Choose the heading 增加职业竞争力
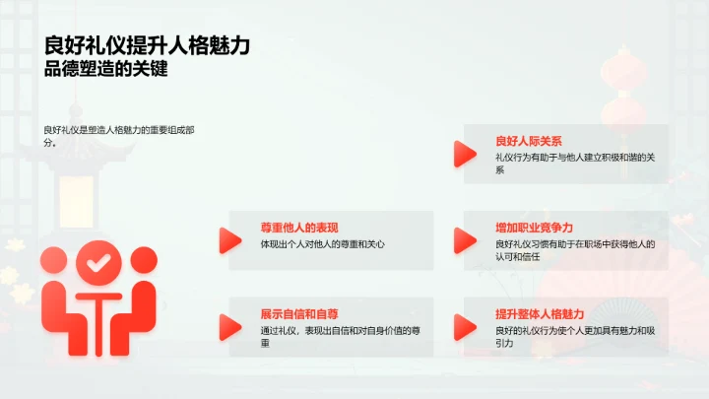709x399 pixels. coord(534,228)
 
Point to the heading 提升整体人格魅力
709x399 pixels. coord(540,313)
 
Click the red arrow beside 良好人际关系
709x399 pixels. coord(464,154)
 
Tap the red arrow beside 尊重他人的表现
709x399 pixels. coord(229,239)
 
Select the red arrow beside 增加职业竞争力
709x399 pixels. coord(464,239)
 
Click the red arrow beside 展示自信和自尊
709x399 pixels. coord(229,326)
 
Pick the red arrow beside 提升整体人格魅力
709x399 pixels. coord(464,326)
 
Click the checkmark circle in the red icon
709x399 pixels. coord(97,263)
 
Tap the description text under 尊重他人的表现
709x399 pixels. coord(322,243)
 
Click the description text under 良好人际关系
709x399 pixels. coord(576,163)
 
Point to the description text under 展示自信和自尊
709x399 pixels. coord(333,336)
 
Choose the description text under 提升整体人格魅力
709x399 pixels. coord(576,336)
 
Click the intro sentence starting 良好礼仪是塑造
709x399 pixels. coord(118,135)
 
